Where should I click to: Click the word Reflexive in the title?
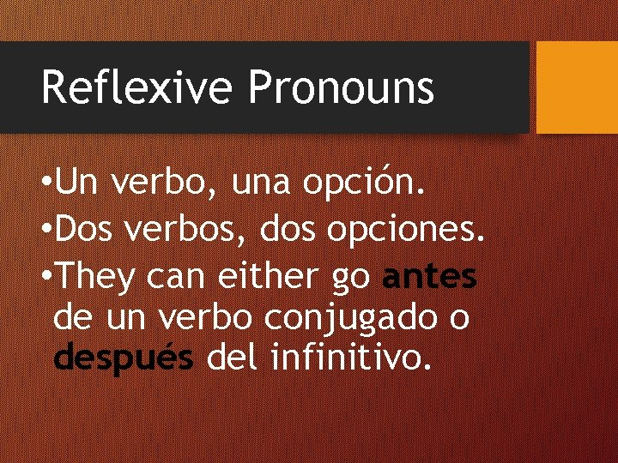click(x=136, y=88)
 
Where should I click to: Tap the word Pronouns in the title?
click(x=341, y=88)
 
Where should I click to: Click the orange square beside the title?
click(x=576, y=87)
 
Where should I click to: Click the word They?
click(x=100, y=276)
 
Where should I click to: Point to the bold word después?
click(x=123, y=357)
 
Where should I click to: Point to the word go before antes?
click(x=353, y=278)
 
